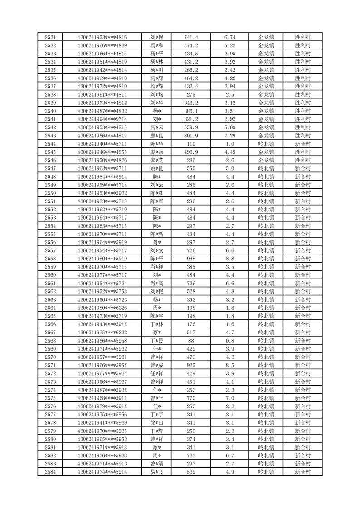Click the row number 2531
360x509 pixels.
[50, 37]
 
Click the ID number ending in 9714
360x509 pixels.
[102, 119]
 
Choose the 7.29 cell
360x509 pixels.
[230, 135]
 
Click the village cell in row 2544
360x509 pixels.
[302, 143]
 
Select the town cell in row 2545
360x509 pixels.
[266, 152]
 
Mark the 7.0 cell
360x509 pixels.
[230, 397]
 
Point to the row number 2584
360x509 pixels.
[50, 472]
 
